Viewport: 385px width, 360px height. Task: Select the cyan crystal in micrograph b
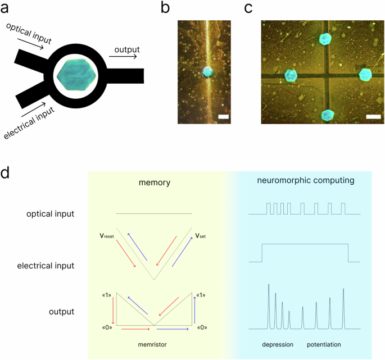[x=206, y=72]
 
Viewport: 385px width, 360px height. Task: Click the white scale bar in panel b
[x=223, y=117]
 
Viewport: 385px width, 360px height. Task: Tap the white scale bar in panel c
[x=373, y=117]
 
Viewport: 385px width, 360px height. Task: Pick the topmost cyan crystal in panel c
[x=325, y=39]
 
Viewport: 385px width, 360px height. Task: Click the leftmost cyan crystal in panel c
[x=290, y=75]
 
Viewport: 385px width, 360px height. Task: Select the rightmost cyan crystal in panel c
[x=366, y=75]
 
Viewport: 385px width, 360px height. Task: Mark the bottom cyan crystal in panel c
[x=326, y=115]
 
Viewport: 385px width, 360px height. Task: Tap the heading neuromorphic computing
[x=305, y=181]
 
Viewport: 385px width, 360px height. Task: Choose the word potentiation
[x=324, y=343]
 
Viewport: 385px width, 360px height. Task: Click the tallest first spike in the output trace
[x=269, y=286]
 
